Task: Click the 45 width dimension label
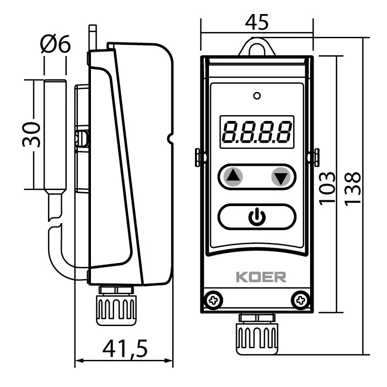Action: pyautogui.click(x=257, y=22)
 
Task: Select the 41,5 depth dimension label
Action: pyautogui.click(x=124, y=349)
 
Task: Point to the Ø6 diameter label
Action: pyautogui.click(x=56, y=45)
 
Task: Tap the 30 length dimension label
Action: pyautogui.click(x=31, y=134)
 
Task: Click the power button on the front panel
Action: pyautogui.click(x=257, y=217)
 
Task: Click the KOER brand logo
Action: pyautogui.click(x=261, y=277)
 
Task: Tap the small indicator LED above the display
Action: pyautogui.click(x=257, y=95)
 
